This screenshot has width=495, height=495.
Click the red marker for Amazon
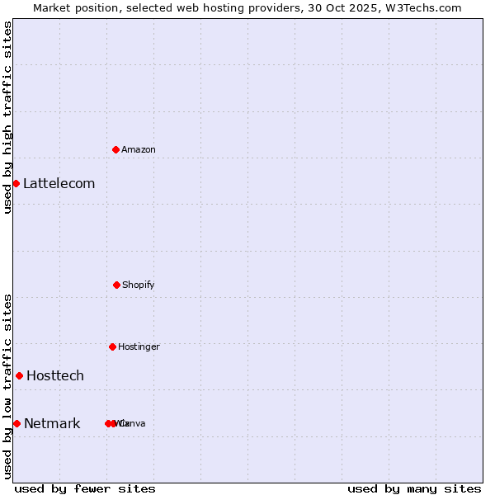(116, 149)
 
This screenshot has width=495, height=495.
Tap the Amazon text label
(139, 149)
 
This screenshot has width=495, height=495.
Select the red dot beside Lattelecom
(16, 183)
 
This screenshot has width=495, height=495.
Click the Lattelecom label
(59, 183)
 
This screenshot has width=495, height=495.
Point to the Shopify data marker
(116, 285)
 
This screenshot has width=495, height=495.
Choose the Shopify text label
(139, 285)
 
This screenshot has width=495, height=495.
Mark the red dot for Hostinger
(112, 346)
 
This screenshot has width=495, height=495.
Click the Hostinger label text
(139, 346)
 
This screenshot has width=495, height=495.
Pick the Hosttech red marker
(19, 375)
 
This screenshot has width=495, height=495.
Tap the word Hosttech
(55, 375)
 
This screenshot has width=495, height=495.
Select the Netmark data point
(16, 423)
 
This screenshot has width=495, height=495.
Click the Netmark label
(52, 423)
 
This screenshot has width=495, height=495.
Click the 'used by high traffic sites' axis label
(7, 117)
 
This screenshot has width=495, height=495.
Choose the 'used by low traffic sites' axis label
(7, 385)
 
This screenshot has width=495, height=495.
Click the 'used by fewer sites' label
(85, 488)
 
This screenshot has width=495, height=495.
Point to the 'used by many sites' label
(414, 488)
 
